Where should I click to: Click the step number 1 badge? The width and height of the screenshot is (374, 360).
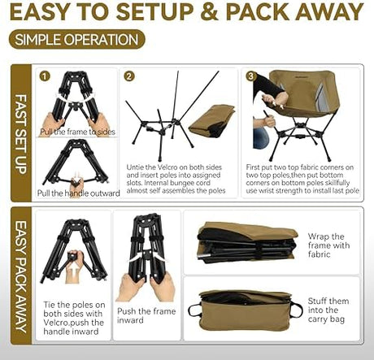(x=45, y=76)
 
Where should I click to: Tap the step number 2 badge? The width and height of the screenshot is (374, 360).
(x=128, y=76)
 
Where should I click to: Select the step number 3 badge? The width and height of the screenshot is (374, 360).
(x=250, y=76)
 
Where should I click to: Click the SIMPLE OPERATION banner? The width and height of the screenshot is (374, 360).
(x=76, y=39)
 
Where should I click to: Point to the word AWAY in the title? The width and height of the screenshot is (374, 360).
(x=329, y=11)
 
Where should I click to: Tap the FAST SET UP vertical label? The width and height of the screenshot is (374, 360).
(x=21, y=134)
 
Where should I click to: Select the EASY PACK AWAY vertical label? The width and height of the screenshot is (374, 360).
(x=21, y=276)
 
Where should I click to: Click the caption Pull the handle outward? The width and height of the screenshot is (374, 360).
(x=78, y=193)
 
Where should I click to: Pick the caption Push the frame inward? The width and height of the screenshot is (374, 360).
(x=146, y=315)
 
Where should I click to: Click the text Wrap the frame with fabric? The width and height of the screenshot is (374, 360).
(x=328, y=245)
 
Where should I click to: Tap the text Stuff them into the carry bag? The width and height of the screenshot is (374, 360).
(x=328, y=310)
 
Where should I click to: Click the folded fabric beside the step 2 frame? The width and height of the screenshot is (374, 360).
(x=212, y=120)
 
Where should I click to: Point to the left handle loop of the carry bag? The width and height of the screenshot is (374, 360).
(x=194, y=310)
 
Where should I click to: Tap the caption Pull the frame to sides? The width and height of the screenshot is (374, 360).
(x=77, y=132)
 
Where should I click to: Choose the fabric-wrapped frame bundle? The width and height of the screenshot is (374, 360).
(x=247, y=241)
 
